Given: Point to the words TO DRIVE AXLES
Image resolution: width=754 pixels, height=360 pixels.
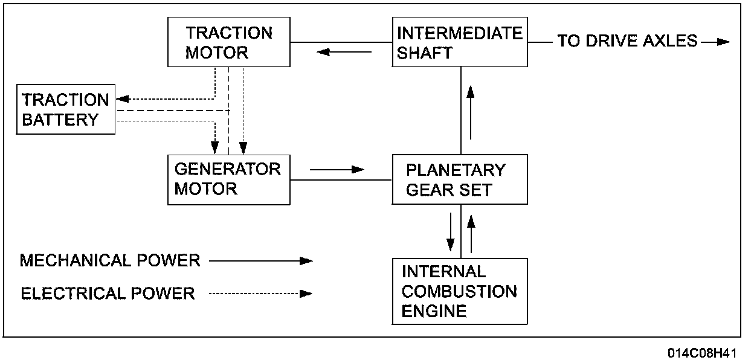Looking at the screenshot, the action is (x=628, y=40).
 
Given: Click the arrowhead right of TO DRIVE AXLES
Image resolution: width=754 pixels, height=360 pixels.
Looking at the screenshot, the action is (x=723, y=42).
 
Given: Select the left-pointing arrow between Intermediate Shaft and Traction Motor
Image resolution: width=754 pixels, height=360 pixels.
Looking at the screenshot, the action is (x=344, y=52).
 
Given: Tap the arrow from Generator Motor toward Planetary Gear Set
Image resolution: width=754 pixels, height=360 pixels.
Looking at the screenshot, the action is (x=337, y=169).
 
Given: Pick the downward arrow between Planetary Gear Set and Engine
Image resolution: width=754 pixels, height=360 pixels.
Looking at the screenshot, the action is (x=450, y=232).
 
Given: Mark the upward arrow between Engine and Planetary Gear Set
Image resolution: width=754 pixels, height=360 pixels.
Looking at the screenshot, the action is (x=471, y=234).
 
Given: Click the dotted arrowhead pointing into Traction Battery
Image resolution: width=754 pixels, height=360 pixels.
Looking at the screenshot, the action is (x=123, y=99).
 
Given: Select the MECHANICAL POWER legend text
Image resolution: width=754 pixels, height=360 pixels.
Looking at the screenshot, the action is (x=110, y=260).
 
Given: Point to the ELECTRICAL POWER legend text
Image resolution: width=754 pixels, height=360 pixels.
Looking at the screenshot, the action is (x=108, y=294).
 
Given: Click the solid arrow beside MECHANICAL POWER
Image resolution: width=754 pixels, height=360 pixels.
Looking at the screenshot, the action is (x=261, y=261).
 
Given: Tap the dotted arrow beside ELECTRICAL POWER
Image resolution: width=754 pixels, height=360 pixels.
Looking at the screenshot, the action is (x=261, y=294).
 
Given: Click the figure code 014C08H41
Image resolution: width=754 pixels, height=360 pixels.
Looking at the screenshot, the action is (x=703, y=353).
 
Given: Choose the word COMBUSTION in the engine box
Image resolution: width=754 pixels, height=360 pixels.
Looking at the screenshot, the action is (x=459, y=291).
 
